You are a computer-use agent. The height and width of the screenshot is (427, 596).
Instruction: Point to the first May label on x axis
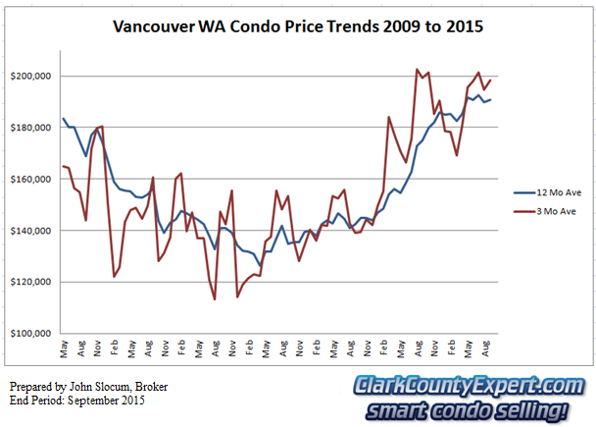64,348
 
